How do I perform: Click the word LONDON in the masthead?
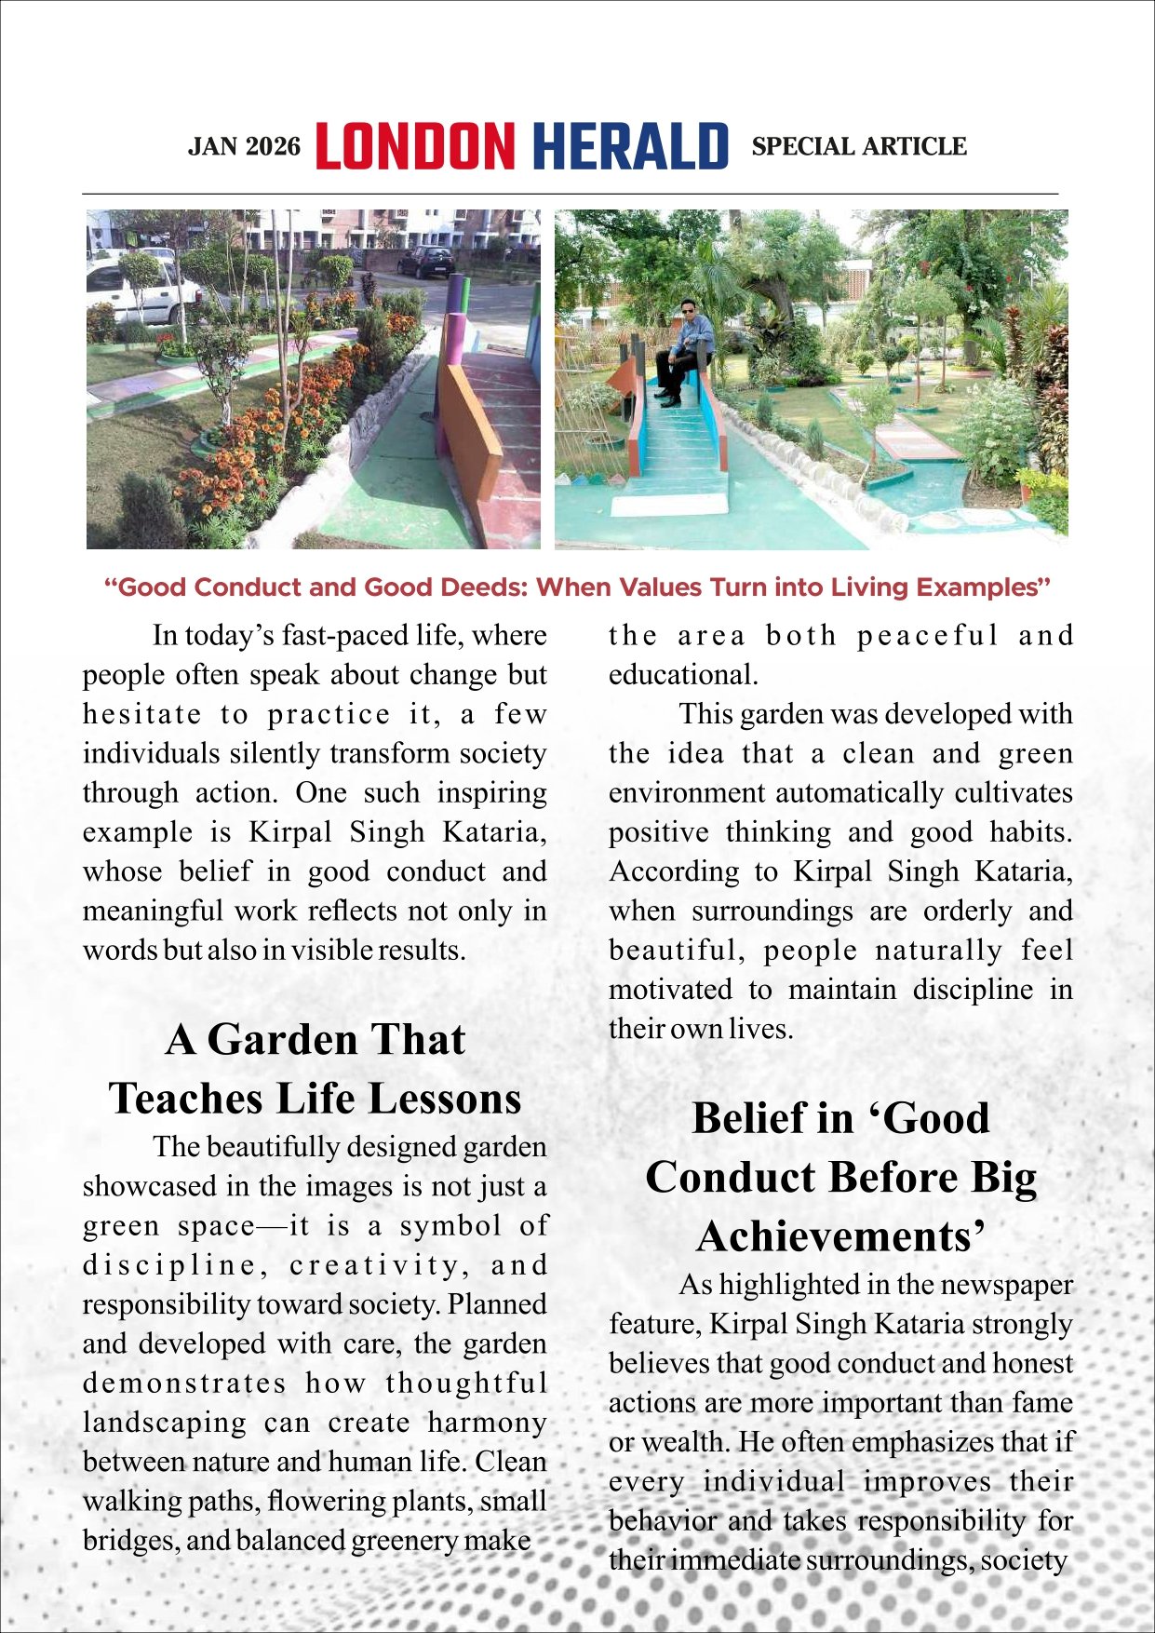(x=414, y=146)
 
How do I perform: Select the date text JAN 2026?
(x=245, y=147)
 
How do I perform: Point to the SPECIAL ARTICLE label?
(x=858, y=147)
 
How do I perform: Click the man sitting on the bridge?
(x=687, y=349)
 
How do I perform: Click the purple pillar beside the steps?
(x=455, y=317)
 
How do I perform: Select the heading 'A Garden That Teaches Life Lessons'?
(x=315, y=1069)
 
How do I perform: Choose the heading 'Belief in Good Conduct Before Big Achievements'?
(x=840, y=1177)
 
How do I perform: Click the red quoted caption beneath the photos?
(x=577, y=587)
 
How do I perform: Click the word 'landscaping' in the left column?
(x=165, y=1424)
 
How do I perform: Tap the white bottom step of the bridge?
(x=669, y=504)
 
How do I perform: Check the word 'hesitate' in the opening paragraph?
(x=142, y=715)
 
